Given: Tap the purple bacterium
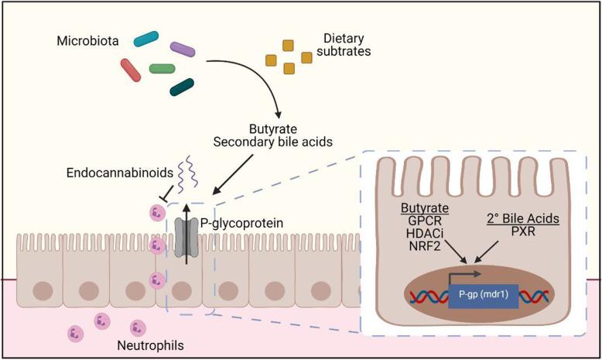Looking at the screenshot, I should (x=183, y=50).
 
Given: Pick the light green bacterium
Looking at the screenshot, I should (x=162, y=69).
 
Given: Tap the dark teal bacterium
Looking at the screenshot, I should (x=183, y=87).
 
